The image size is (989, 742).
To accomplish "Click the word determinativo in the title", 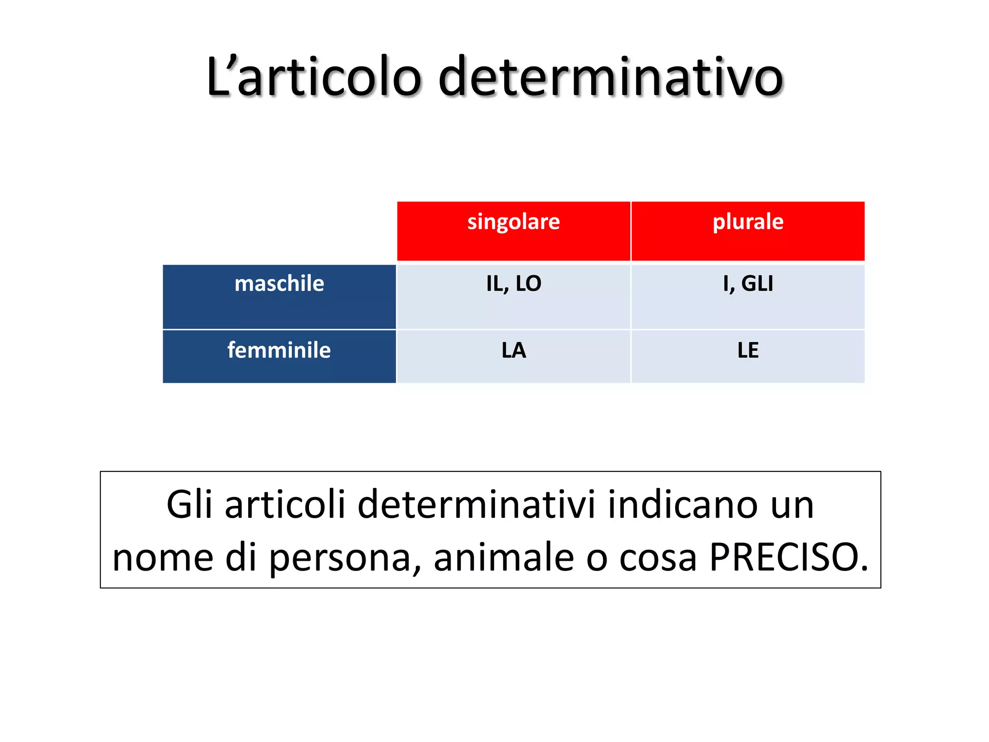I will tap(610, 77).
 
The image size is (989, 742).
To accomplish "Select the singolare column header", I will tap(513, 222).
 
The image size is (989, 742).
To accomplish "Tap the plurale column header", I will tap(748, 222).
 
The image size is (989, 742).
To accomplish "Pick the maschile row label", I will tap(279, 284).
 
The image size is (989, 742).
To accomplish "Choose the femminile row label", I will tap(279, 350).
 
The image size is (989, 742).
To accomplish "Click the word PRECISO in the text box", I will tap(788, 557).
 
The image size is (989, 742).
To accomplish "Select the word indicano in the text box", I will tap(682, 504).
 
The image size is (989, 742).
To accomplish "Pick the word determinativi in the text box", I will tap(476, 504).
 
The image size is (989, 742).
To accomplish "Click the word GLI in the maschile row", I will tap(757, 284).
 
